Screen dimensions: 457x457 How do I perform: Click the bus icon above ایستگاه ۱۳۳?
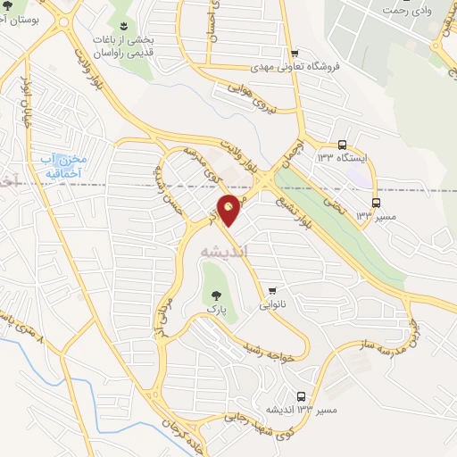[x=343, y=144]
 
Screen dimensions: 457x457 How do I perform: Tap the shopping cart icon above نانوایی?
[x=271, y=290]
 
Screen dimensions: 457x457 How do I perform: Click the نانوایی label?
[x=274, y=304]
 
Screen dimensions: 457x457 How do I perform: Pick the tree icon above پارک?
[x=212, y=293]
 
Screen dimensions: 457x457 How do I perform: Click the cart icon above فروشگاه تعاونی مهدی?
[x=293, y=53]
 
